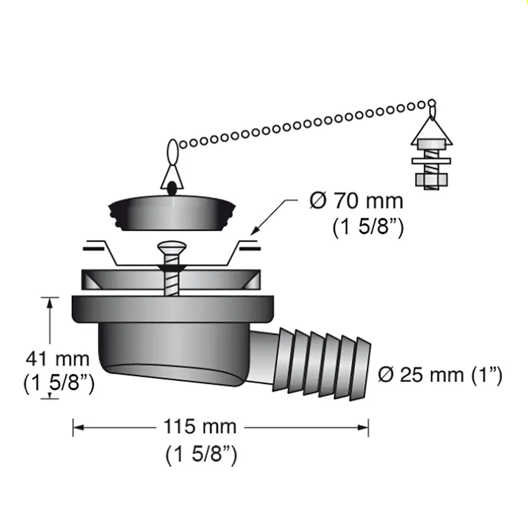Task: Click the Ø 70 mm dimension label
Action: point(356,201)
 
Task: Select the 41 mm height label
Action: point(58,360)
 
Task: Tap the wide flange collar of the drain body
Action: point(173,310)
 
